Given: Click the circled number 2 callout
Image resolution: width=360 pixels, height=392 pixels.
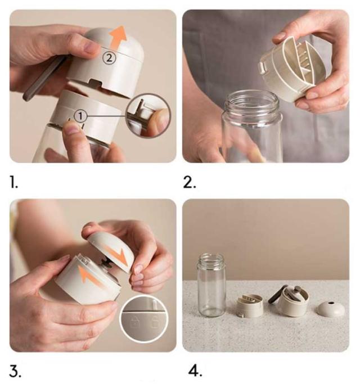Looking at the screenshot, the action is [109, 58].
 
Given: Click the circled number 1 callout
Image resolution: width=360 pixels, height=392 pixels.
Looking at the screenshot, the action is [80, 116].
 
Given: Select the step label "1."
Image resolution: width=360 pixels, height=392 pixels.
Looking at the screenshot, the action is [13, 182].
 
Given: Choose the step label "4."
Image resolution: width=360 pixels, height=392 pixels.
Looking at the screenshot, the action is [195, 371].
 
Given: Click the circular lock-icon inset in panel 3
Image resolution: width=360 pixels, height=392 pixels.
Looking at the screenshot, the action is [144, 318].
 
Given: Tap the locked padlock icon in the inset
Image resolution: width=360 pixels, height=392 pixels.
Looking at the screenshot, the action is [134, 322].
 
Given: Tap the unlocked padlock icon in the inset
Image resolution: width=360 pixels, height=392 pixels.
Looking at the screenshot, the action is [156, 321].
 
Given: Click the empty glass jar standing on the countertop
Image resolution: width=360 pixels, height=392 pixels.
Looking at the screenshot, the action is [211, 285].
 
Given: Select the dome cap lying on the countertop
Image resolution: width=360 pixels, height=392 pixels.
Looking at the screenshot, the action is [331, 308].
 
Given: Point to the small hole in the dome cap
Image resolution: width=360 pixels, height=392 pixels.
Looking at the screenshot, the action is [331, 303].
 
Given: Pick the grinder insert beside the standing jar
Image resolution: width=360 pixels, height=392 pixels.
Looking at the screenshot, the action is [250, 306].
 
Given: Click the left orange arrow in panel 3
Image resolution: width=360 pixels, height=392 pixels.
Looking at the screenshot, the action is [89, 276].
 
